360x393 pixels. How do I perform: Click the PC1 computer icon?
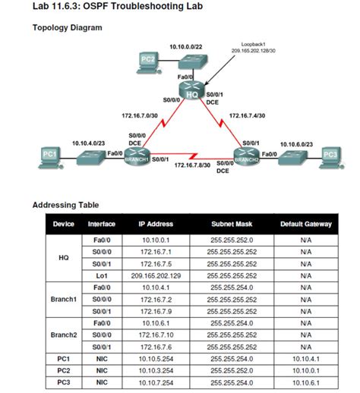[x=50, y=156]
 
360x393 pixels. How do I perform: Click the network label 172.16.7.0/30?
[x=140, y=116]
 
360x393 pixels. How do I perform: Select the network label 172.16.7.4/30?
[x=247, y=116]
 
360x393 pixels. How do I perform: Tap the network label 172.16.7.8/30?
[x=192, y=164]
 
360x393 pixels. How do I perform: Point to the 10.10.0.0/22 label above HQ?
[x=186, y=46]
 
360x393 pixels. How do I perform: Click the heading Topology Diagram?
[x=67, y=28]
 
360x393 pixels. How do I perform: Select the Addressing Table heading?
[x=65, y=205]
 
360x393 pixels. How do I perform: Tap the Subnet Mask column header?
[x=233, y=224]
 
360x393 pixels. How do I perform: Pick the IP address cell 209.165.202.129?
[x=155, y=275]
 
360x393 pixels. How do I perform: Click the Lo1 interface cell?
[x=101, y=275]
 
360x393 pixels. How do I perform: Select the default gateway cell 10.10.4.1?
[x=305, y=358]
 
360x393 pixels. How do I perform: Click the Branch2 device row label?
[x=64, y=335]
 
